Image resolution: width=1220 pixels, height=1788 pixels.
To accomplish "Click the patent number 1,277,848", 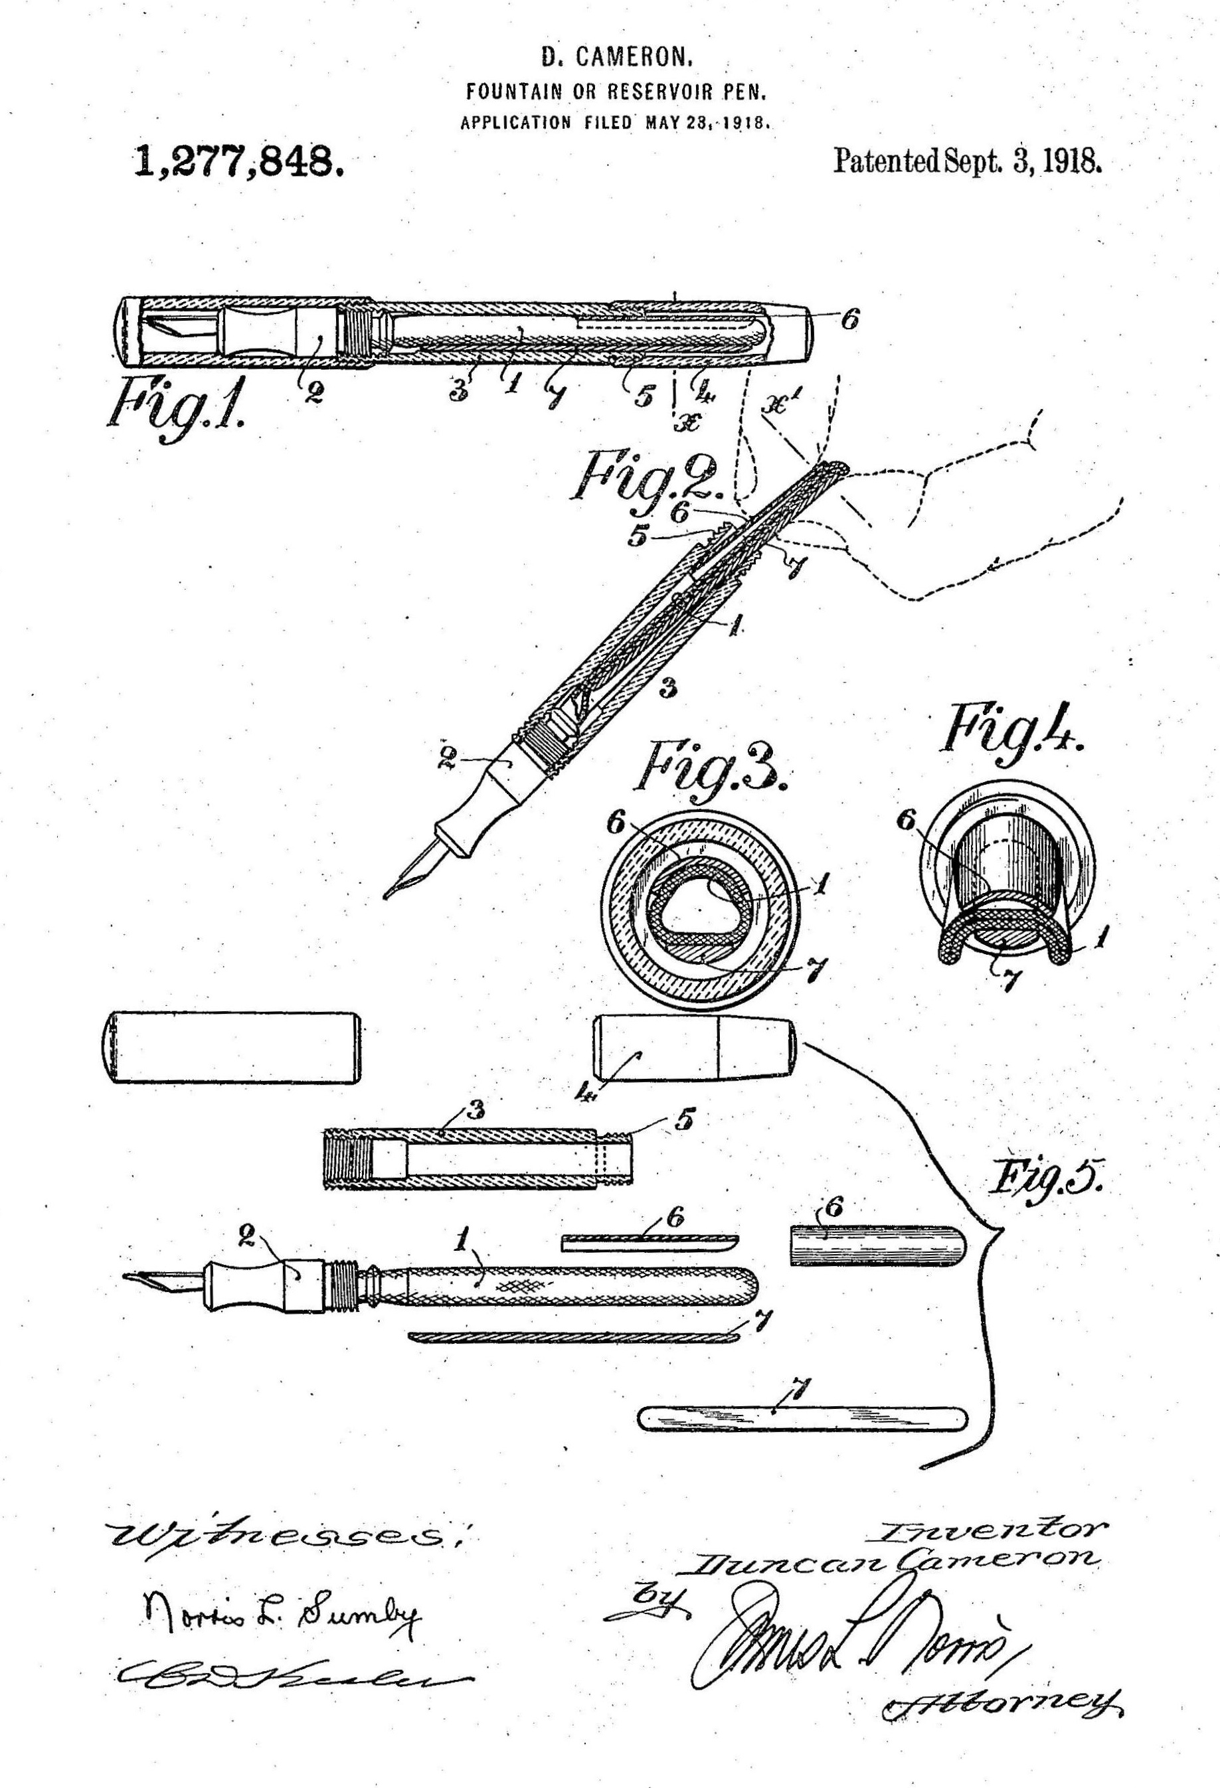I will coord(237,163).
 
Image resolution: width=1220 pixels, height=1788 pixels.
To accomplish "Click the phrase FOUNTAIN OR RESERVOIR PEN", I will coord(616,92).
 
